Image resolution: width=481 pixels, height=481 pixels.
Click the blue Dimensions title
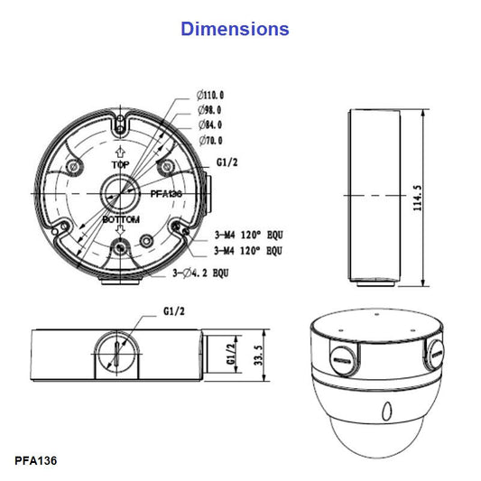click(x=235, y=28)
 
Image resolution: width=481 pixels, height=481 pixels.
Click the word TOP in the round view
click(x=119, y=166)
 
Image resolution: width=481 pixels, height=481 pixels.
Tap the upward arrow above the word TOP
click(x=119, y=151)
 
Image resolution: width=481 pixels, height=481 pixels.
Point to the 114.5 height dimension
click(x=441, y=198)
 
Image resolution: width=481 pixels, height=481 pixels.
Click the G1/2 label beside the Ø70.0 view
click(x=227, y=163)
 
